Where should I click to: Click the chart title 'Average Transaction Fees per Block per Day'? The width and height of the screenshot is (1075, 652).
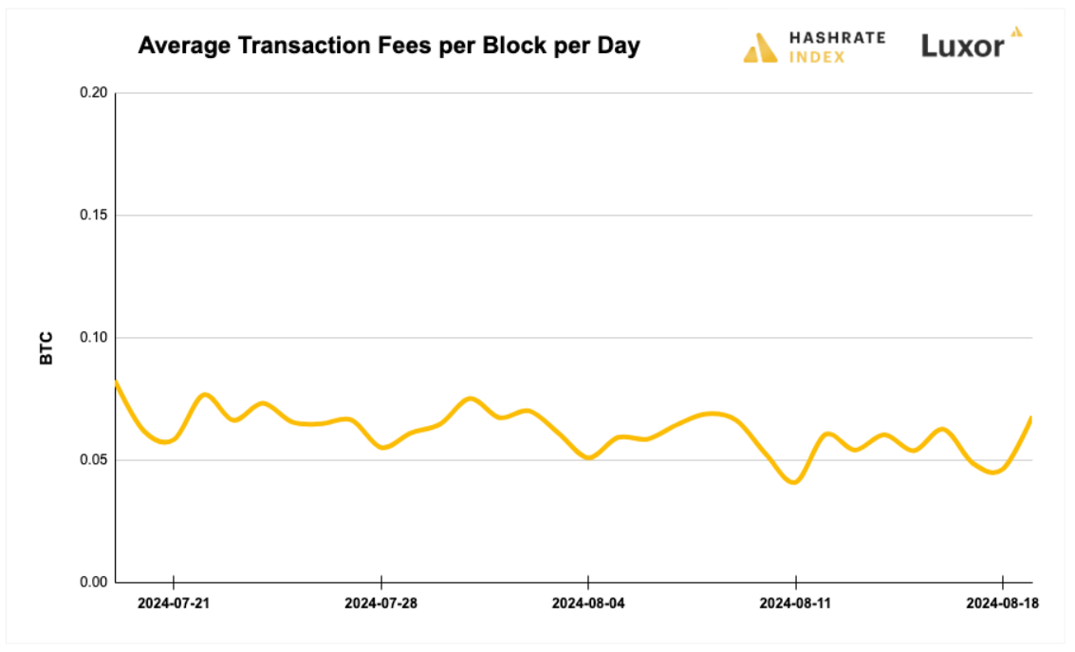tap(389, 46)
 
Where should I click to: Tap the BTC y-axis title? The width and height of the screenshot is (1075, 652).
tap(46, 348)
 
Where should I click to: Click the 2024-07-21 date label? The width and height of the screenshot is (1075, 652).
tap(174, 603)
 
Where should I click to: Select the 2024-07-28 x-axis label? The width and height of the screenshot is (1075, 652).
tap(380, 603)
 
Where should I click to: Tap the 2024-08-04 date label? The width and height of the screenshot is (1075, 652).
tap(588, 603)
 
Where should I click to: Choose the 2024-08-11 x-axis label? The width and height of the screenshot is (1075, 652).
tap(795, 603)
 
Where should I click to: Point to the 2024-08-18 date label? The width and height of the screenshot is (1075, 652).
tap(1002, 603)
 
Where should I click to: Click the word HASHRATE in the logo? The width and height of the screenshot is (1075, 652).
tap(837, 38)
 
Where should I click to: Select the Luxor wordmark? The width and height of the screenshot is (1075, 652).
tap(962, 47)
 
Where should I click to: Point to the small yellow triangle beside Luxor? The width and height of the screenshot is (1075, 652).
tap(1016, 32)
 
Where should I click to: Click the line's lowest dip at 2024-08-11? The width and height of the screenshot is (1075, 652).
tap(794, 481)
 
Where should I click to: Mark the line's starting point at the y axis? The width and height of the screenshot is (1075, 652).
tap(116, 382)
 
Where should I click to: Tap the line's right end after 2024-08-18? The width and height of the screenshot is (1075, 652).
tap(1030, 419)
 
